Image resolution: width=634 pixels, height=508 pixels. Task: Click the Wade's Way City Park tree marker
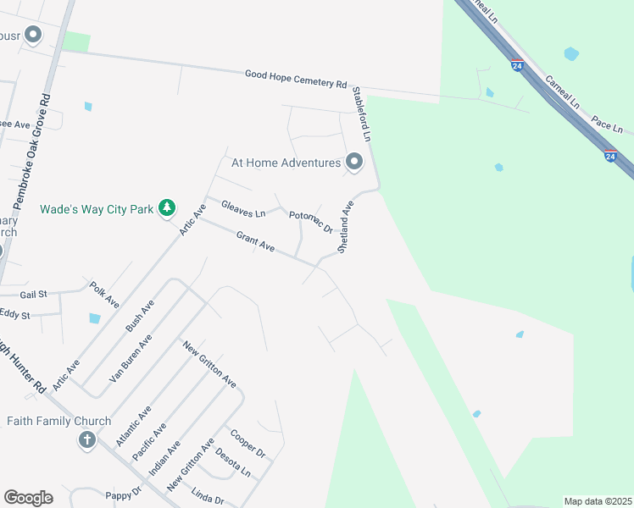click(168, 207)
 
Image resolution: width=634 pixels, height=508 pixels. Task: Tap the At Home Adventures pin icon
click(354, 161)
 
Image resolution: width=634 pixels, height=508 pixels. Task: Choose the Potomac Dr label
click(310, 221)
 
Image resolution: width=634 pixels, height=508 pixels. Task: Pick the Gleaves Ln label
click(243, 207)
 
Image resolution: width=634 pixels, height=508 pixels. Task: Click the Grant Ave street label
click(255, 241)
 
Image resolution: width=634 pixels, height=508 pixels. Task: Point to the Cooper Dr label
click(248, 442)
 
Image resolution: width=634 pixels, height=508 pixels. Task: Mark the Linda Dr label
click(207, 495)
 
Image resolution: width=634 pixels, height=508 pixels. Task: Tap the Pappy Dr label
click(123, 494)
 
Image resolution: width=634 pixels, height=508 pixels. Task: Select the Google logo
click(28, 498)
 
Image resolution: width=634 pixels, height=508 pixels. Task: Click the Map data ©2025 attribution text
click(598, 501)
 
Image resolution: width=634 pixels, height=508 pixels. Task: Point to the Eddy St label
click(14, 315)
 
